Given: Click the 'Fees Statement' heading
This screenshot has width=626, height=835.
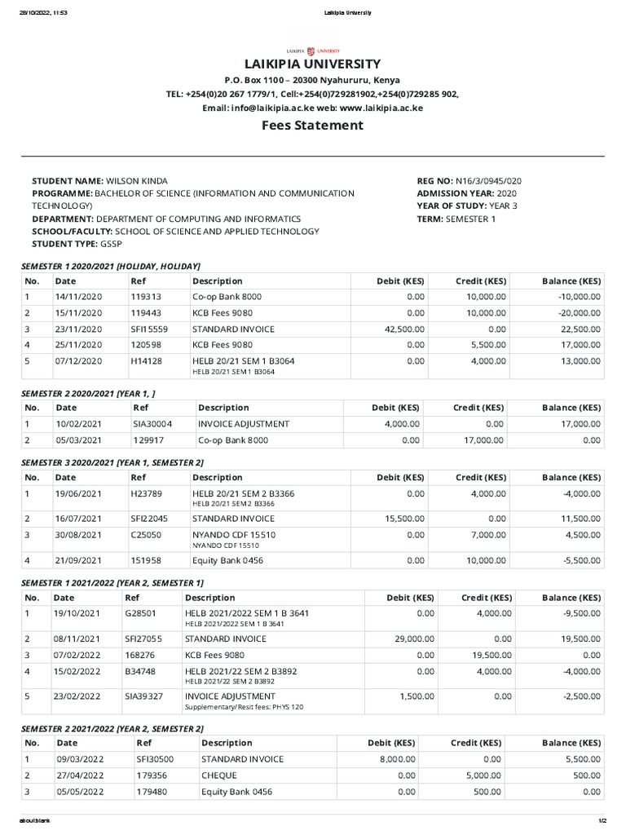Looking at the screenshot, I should pos(312,125).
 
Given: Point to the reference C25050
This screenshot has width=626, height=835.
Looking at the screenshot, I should pos(147,534).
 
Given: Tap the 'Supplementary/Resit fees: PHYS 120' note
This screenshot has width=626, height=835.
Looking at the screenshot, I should pos(244,707).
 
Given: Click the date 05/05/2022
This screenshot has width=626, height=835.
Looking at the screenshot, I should pos(81,792).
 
